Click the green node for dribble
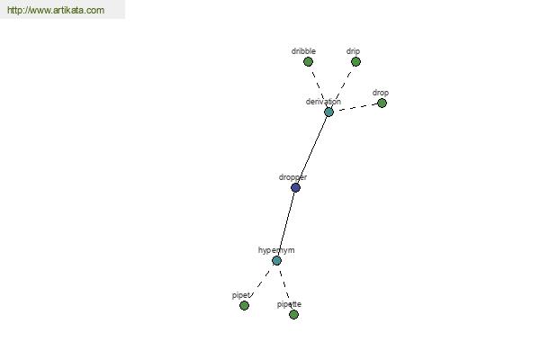pyautogui.click(x=308, y=62)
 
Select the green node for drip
pyautogui.click(x=355, y=62)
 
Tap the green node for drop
pyautogui.click(x=382, y=103)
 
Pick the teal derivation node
pyautogui.click(x=328, y=112)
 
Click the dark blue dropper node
pyautogui.click(x=295, y=188)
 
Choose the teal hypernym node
pyautogui.click(x=276, y=260)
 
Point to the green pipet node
pyautogui.click(x=244, y=306)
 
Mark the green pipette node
pyautogui.click(x=293, y=314)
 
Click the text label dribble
pyautogui.click(x=303, y=51)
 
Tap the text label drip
pyautogui.click(x=353, y=51)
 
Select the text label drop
pyautogui.click(x=381, y=93)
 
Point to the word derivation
pyautogui.click(x=323, y=102)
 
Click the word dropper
pyautogui.click(x=292, y=178)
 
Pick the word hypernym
pyautogui.click(x=276, y=250)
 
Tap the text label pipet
pyautogui.click(x=240, y=295)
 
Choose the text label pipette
pyautogui.click(x=289, y=304)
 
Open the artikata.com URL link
pyautogui.click(x=56, y=10)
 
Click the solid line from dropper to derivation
pyautogui.click(x=312, y=150)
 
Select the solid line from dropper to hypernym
pyautogui.click(x=286, y=224)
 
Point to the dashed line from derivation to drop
pyautogui.click(x=355, y=107)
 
